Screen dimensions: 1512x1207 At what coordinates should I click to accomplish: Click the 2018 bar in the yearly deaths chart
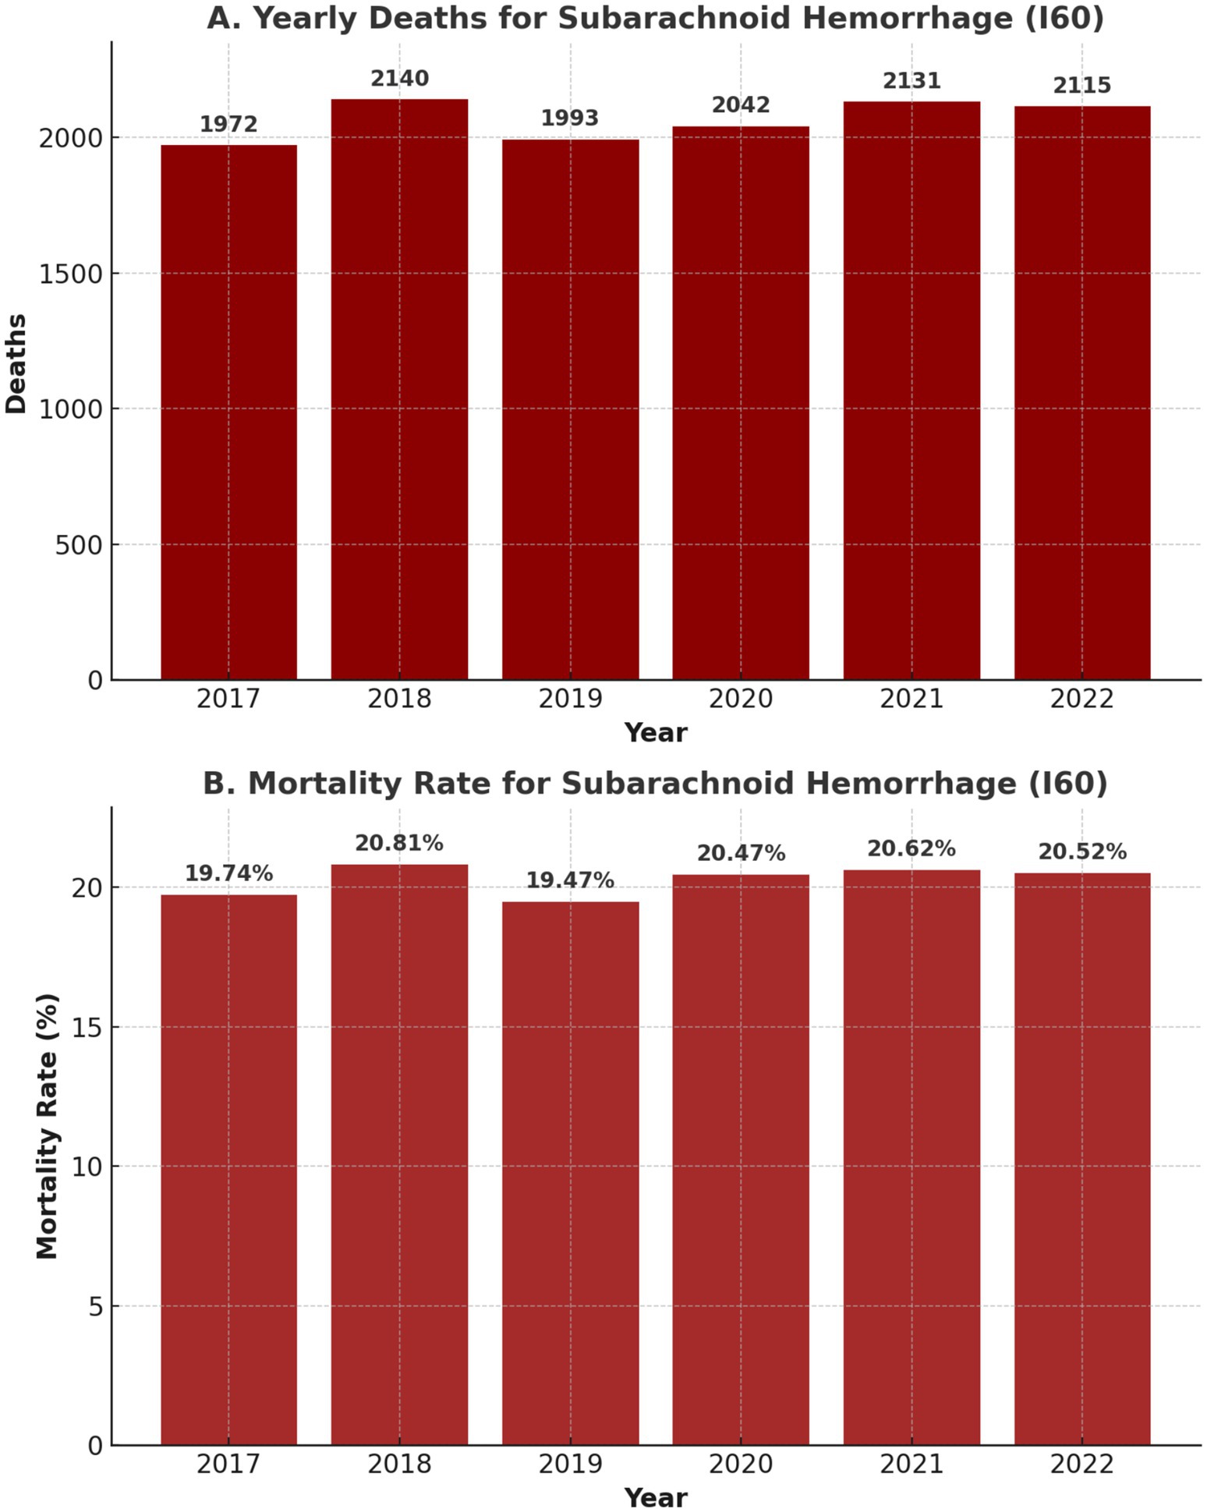pos(399,390)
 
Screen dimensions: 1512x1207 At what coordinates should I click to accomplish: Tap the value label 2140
pos(399,79)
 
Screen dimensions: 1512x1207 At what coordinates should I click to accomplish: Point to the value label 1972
pos(228,124)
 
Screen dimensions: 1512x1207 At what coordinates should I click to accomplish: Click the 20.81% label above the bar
pos(399,843)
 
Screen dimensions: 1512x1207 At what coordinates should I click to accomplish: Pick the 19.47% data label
pos(570,880)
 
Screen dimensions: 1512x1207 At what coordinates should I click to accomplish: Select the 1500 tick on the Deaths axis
pos(71,274)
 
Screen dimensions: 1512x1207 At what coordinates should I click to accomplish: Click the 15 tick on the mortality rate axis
pos(88,1027)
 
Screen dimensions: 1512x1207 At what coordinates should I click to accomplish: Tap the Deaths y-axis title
pos(16,363)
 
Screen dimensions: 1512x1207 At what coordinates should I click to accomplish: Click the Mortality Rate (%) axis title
pos(48,1126)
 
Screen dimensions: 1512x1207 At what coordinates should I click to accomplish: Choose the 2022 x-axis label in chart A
pos(1081,699)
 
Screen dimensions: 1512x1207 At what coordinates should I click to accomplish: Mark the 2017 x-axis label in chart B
pos(228,1464)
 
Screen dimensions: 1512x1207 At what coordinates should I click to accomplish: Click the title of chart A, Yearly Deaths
pos(655,18)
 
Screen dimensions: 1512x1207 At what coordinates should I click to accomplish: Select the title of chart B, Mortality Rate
pos(655,783)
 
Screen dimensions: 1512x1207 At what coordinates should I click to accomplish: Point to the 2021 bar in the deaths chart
pos(911,390)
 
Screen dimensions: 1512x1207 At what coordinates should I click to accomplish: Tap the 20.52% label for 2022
pos(1081,852)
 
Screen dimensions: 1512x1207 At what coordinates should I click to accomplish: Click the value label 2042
pos(741,104)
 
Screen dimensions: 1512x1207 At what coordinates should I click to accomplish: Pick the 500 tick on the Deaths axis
pos(79,545)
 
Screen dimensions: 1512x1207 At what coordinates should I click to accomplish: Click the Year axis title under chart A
pos(655,733)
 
